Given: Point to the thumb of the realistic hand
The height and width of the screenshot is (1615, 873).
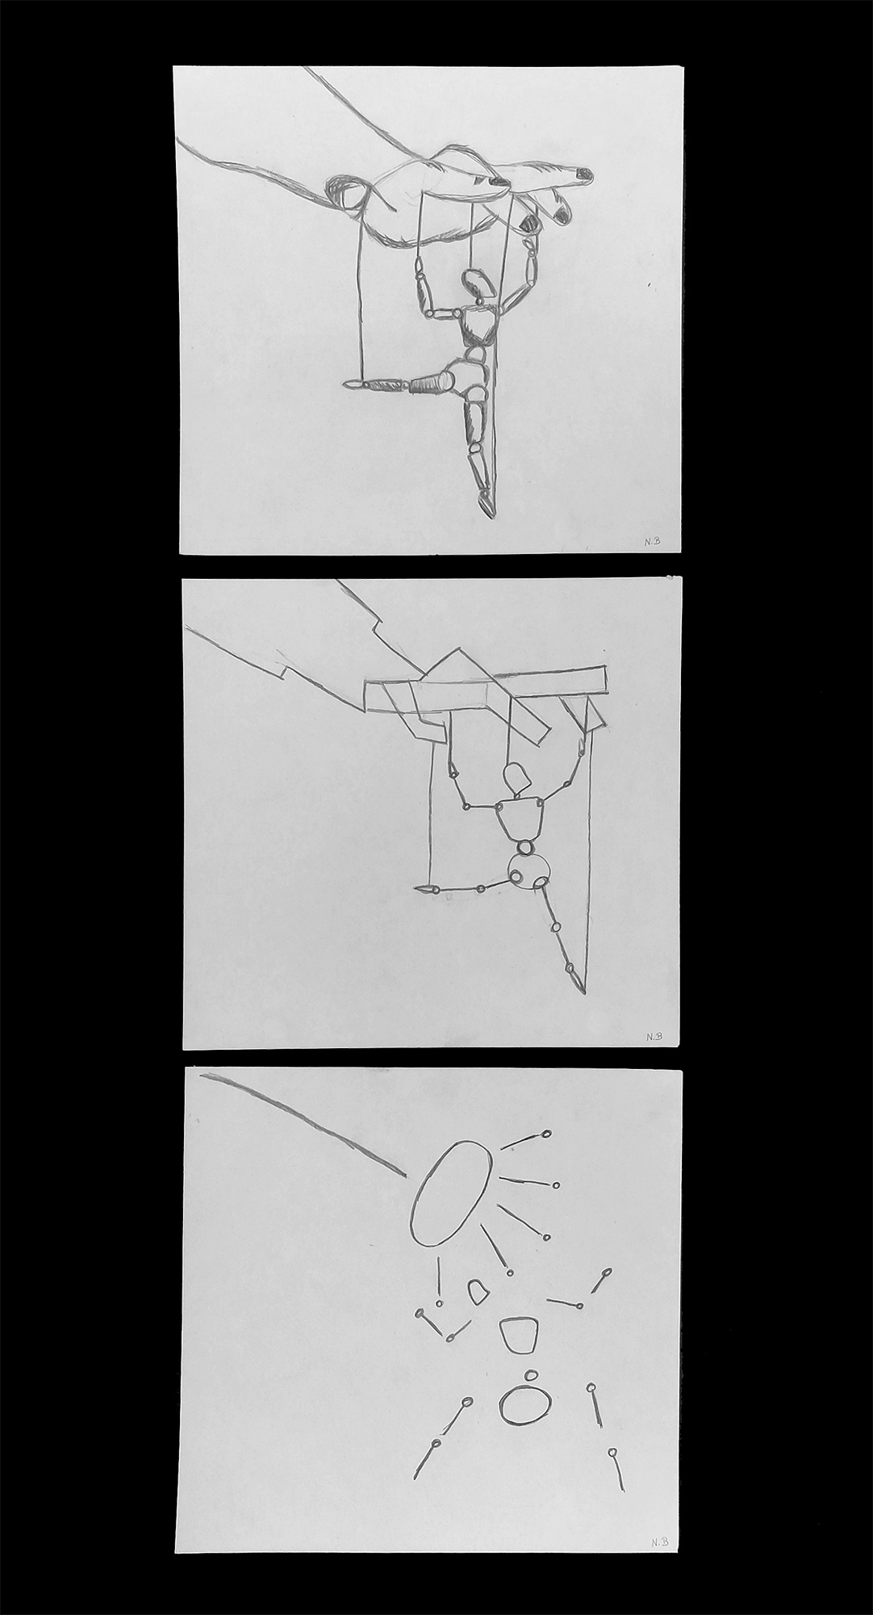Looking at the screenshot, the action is tap(347, 194).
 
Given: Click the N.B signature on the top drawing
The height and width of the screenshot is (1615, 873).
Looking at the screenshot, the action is tap(651, 543).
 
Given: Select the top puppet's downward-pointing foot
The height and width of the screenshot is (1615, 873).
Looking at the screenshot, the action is tap(487, 505).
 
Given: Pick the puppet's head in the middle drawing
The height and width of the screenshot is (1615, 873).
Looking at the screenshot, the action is tap(516, 778).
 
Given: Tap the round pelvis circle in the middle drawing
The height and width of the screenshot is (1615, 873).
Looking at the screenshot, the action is tap(528, 872).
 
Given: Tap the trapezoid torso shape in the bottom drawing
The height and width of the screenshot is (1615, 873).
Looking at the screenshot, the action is tap(518, 1335).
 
